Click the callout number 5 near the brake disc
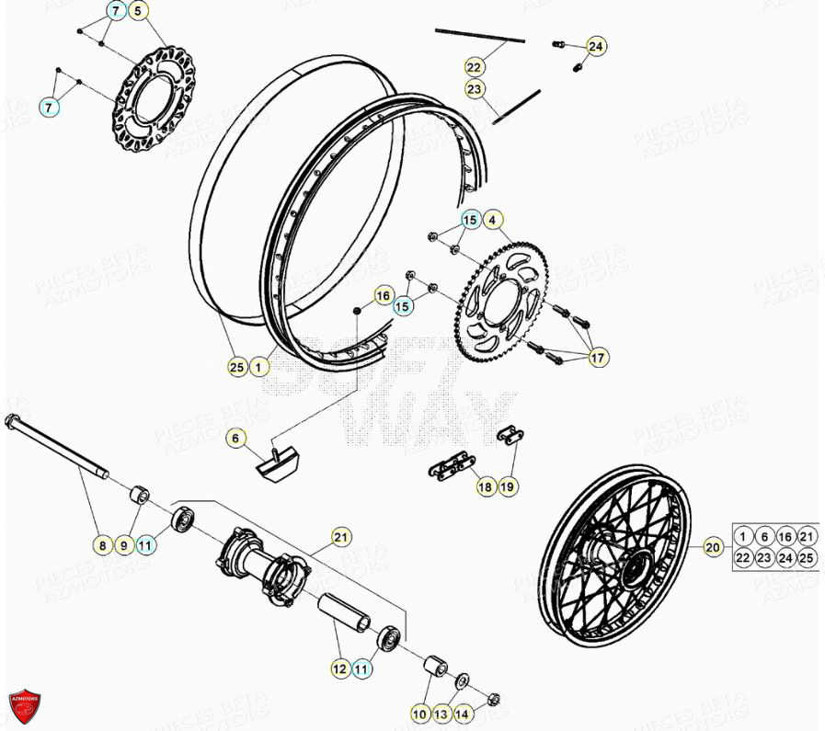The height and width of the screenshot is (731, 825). coord(137,12)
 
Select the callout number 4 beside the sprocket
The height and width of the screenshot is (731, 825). coord(492,220)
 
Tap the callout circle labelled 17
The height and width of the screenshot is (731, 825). coord(598,357)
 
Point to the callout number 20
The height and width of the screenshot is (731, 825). coord(713,547)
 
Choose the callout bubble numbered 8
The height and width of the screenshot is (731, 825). coord(103,545)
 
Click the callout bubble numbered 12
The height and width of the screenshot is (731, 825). coord(339,670)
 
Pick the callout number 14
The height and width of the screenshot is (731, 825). coord(462,714)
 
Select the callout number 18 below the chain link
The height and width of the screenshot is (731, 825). coord(486,487)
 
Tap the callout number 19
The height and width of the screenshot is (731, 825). coord(507,487)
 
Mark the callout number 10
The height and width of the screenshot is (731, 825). coord(419,714)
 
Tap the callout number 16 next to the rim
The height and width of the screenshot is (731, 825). coord(383,295)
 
